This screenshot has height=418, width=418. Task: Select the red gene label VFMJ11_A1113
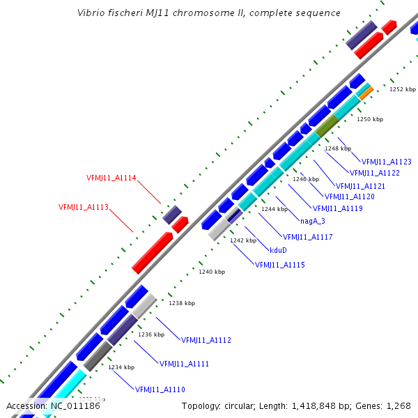[83, 207]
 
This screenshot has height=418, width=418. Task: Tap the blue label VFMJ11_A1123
[386, 162]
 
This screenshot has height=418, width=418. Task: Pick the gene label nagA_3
[313, 221]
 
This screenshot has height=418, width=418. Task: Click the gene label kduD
[278, 249]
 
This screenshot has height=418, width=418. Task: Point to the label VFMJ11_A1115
[279, 265]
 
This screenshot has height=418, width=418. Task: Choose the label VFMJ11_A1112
[206, 340]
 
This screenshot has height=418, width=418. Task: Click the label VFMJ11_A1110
[160, 389]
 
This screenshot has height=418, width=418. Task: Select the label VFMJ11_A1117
[307, 237]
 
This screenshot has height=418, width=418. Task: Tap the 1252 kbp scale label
[402, 89]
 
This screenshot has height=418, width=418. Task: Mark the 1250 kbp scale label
[370, 119]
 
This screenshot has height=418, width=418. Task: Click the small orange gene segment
[366, 90]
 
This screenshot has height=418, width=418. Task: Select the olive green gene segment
[327, 125]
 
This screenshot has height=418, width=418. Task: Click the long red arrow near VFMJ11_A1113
[153, 252]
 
